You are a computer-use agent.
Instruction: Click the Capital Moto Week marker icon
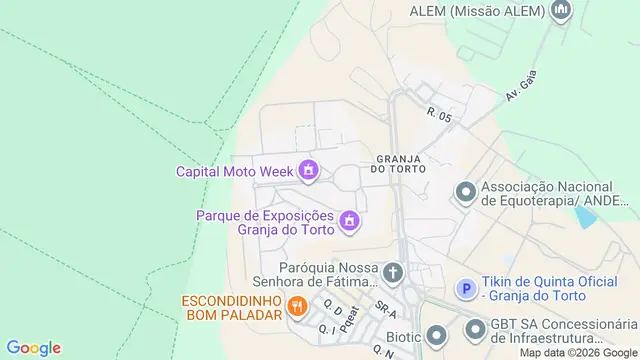tap(309, 171)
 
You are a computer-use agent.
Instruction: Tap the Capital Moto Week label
tap(235, 171)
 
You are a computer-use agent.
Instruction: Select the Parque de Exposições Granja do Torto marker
tap(349, 221)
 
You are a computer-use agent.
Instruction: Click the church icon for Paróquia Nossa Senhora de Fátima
tap(394, 271)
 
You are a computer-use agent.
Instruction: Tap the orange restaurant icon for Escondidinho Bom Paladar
tap(296, 306)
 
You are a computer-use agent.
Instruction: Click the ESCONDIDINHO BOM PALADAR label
tap(230, 309)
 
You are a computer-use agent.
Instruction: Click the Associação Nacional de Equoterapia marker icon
tap(465, 192)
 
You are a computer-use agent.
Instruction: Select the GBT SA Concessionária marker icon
tap(473, 326)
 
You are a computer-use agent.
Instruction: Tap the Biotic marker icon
tap(436, 336)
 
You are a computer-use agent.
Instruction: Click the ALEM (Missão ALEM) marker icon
tap(561, 12)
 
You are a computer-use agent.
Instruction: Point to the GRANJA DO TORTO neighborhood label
tap(402, 164)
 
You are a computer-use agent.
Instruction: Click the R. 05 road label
tap(439, 116)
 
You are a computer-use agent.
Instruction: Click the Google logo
tap(33, 348)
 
